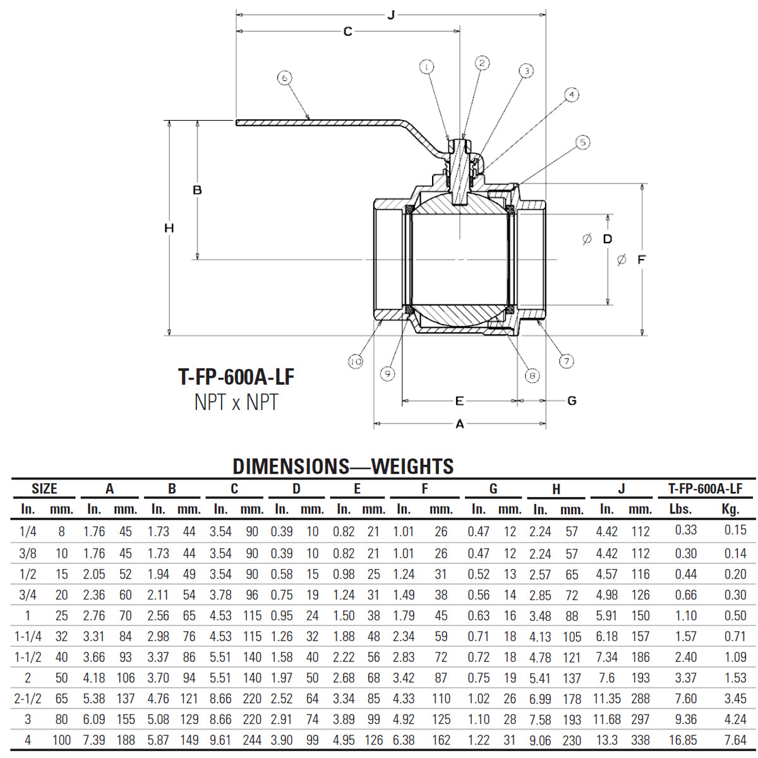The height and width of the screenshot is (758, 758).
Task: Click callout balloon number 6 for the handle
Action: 285,78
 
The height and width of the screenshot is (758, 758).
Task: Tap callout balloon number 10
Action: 356,361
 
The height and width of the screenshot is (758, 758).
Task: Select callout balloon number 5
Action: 582,143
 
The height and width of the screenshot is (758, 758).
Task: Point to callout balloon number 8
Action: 532,376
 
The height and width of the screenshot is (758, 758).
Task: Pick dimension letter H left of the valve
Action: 169,228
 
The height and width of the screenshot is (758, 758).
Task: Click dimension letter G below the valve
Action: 572,400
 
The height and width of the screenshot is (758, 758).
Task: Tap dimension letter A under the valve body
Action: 460,424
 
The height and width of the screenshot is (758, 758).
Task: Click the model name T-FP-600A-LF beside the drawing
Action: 236,377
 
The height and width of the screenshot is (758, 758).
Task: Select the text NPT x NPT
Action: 236,402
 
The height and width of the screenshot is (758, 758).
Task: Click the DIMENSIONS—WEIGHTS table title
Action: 343,467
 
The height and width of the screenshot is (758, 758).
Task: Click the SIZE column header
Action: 44,489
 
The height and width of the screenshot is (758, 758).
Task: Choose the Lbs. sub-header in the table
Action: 680,509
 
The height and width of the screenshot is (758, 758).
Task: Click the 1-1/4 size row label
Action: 28,636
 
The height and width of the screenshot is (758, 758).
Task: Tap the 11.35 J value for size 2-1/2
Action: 606,699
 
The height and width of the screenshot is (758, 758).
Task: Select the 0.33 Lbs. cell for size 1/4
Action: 685,531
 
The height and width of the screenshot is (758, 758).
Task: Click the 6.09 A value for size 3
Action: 94,719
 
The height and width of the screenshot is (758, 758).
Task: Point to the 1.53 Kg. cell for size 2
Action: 735,678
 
